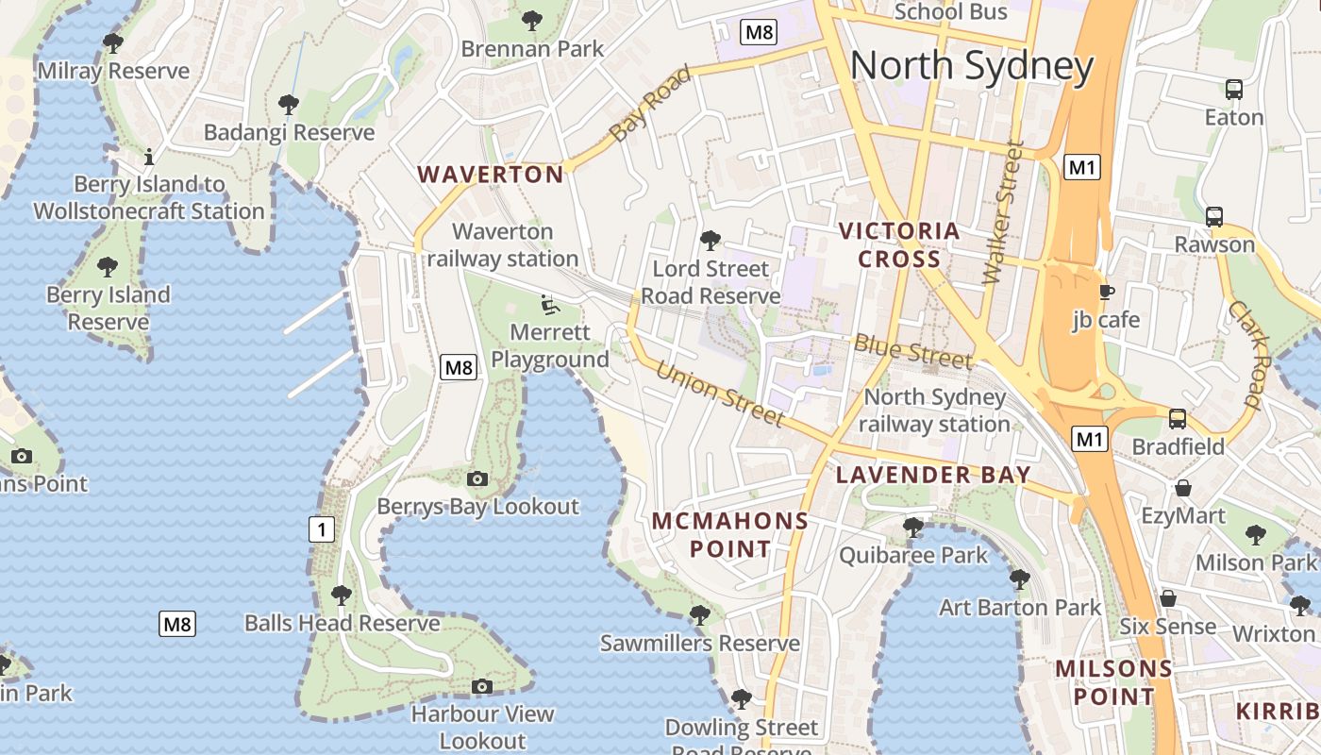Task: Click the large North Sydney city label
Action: (x=972, y=67)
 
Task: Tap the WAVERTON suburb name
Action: (x=491, y=175)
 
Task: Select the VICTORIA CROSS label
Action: (x=899, y=244)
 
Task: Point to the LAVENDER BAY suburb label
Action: (x=933, y=475)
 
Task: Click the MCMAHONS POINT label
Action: (x=730, y=534)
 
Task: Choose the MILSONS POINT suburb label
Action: (x=1113, y=682)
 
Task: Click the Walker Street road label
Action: (x=1002, y=212)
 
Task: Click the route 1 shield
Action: (x=322, y=529)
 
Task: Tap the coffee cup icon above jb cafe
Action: (x=1106, y=292)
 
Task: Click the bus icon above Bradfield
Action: (x=1178, y=418)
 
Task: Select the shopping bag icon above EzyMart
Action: (x=1182, y=488)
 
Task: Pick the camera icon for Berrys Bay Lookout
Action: (x=477, y=478)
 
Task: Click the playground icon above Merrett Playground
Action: (x=548, y=304)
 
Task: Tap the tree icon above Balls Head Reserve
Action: (x=342, y=595)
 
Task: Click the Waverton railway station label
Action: (x=502, y=244)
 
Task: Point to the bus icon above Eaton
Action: (x=1233, y=90)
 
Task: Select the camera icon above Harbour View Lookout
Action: (x=482, y=686)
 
